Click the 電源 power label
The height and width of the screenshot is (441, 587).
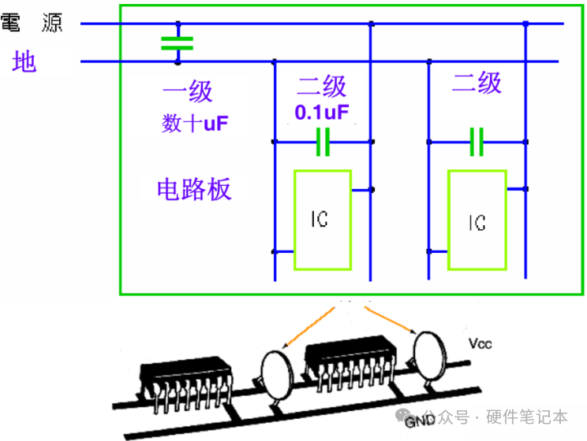tap(32, 23)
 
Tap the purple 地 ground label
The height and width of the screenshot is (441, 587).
tap(24, 61)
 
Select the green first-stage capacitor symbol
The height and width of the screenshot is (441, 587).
tap(177, 43)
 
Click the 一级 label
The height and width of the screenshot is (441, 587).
tap(188, 91)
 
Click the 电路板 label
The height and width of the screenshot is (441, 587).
tap(195, 189)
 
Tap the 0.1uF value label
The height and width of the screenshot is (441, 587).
tap(322, 113)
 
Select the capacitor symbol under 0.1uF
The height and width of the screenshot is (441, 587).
tap(322, 142)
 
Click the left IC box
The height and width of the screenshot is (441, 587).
tap(322, 220)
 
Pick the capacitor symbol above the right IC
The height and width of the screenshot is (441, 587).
tap(476, 142)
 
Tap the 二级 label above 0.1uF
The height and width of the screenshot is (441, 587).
tap(322, 87)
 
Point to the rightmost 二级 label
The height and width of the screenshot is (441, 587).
tap(477, 82)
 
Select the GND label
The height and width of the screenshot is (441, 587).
tap(416, 421)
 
